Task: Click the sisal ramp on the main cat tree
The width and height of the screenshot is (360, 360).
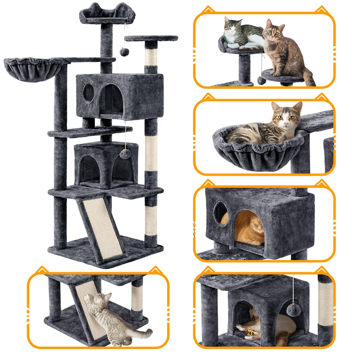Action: pyautogui.click(x=102, y=229)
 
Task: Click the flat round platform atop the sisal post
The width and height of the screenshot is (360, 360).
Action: pyautogui.click(x=151, y=38)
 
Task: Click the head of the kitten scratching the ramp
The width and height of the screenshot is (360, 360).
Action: pyautogui.click(x=94, y=301)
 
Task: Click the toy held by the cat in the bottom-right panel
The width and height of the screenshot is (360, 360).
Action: pyautogui.click(x=252, y=334)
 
